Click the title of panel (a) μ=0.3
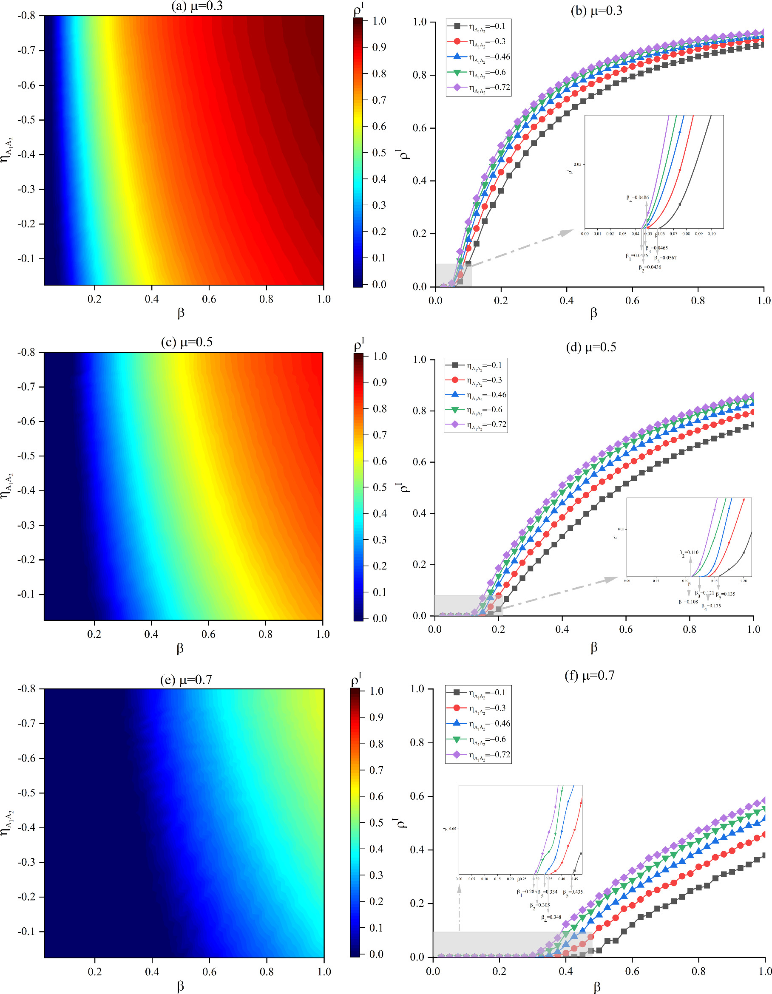(x=197, y=6)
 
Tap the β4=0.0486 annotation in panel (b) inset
(x=637, y=198)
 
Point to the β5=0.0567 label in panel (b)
(x=665, y=258)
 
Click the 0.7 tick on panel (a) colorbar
(x=379, y=100)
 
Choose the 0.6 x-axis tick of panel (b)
(x=632, y=301)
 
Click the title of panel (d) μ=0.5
(x=591, y=347)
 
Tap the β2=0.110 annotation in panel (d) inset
(x=689, y=553)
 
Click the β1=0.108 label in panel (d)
(x=688, y=602)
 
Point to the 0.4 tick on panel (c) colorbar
(x=380, y=513)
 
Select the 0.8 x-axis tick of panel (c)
(x=266, y=634)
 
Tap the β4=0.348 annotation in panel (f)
(x=551, y=918)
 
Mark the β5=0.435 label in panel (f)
(x=573, y=892)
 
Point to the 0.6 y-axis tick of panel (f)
(x=417, y=796)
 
